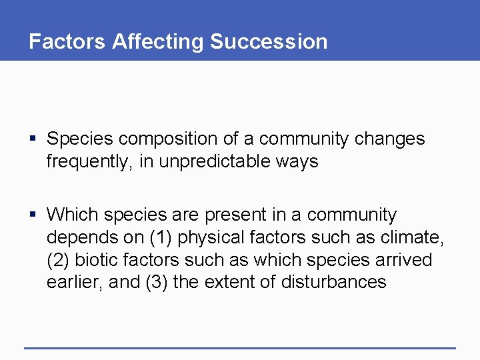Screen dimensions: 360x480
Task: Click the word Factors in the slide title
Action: [67, 41]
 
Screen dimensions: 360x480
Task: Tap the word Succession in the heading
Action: [269, 41]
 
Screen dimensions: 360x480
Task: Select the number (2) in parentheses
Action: [59, 260]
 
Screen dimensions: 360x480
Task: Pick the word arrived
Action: [403, 259]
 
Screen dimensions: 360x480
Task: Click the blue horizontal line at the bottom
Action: [240, 347]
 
